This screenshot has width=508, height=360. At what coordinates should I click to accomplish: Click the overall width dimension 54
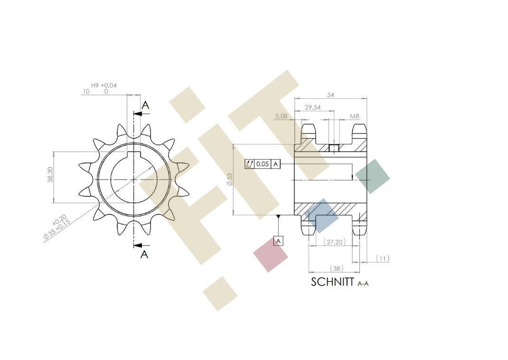click(330, 95)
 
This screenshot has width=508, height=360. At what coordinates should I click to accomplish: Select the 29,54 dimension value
click(312, 108)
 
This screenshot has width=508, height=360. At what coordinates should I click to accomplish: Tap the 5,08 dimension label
click(282, 116)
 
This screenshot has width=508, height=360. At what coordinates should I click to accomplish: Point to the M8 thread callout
click(354, 116)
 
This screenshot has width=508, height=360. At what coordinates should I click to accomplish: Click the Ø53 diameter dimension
click(230, 180)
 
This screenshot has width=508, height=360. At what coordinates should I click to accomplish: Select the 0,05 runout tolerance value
click(263, 164)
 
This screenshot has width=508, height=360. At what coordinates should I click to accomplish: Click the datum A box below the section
click(279, 241)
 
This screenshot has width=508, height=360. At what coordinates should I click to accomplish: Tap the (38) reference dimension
click(336, 268)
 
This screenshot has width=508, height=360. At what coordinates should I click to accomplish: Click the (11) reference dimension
click(383, 258)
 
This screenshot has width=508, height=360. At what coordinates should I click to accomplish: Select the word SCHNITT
click(332, 282)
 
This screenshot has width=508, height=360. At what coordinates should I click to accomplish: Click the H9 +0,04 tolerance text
click(103, 85)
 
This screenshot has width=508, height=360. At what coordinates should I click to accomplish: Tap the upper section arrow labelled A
click(145, 105)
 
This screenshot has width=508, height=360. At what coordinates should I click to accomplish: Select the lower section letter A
click(145, 254)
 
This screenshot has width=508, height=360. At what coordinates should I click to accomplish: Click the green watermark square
click(373, 176)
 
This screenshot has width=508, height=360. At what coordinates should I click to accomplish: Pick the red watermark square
click(271, 255)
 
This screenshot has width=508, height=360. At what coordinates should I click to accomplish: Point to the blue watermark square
click(321, 216)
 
